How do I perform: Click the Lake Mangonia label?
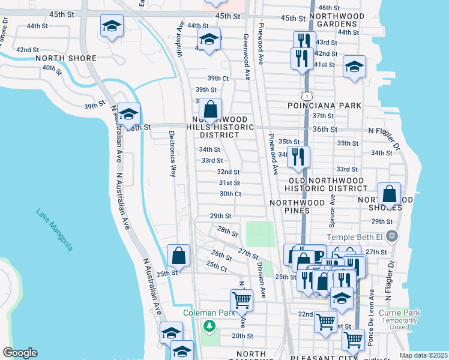click(x=54, y=230)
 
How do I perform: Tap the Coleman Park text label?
click(x=208, y=313)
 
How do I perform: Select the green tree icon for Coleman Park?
click(x=209, y=326)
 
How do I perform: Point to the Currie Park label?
click(x=402, y=313)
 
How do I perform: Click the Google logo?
click(x=19, y=353)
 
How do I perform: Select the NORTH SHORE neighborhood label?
click(x=66, y=58)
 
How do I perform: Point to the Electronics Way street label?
click(x=172, y=154)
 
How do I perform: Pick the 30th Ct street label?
click(x=230, y=194)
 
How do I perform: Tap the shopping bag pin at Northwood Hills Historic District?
click(x=210, y=110)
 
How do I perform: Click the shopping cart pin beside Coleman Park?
click(x=241, y=299)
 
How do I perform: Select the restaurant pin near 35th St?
click(x=298, y=157)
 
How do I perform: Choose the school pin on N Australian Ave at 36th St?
click(x=129, y=113)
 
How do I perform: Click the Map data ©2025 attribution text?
click(x=423, y=355)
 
